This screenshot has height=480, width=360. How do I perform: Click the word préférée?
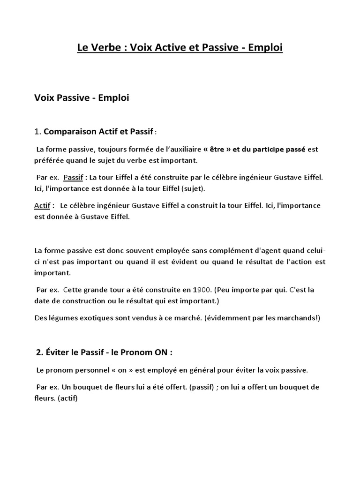click(x=49, y=161)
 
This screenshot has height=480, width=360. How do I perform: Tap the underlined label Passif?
click(x=73, y=178)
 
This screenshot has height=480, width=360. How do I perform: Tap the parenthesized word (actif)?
click(x=67, y=399)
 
